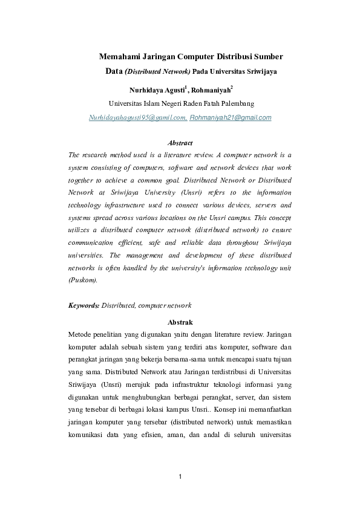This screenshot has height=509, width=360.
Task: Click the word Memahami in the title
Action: point(120,57)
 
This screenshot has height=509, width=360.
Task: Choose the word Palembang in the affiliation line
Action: point(235,103)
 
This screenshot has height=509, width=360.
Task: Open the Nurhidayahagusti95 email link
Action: point(137,117)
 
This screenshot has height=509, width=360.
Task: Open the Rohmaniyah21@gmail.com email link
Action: point(231,117)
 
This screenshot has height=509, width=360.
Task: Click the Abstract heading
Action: point(180,143)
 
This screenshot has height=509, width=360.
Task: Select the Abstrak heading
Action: point(180,322)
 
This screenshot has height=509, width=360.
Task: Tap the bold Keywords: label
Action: point(83,306)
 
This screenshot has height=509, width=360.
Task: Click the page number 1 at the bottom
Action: point(180,478)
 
